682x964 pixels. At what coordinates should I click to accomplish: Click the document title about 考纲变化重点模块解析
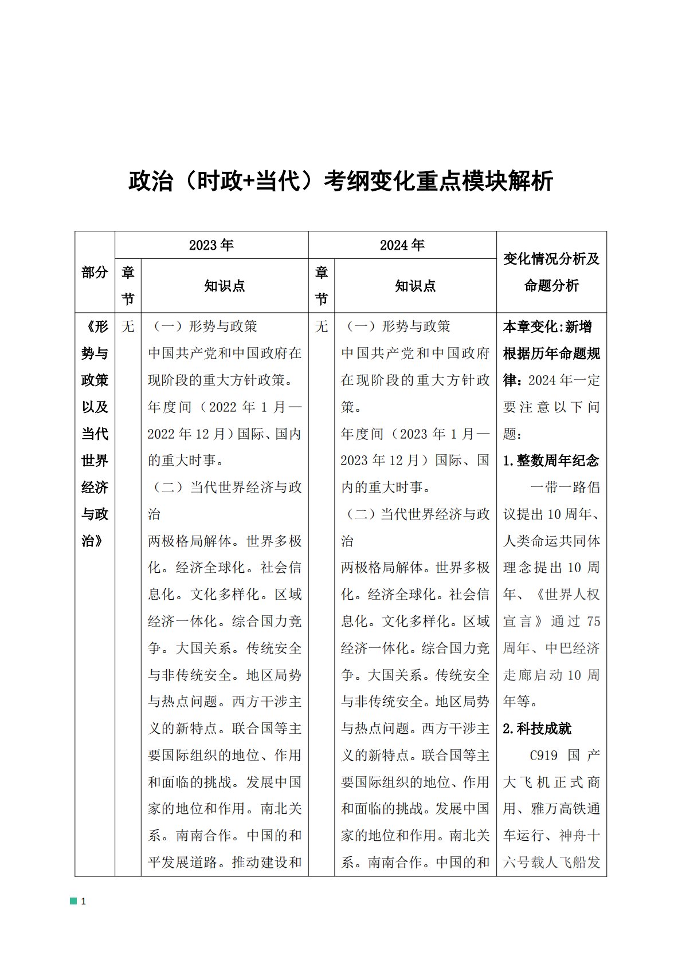(x=340, y=181)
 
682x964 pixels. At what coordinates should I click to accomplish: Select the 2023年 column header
(x=211, y=245)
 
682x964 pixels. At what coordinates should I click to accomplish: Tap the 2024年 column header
(x=402, y=245)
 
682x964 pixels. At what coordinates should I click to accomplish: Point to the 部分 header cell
(x=95, y=272)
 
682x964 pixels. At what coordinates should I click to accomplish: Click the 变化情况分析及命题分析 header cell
(x=551, y=272)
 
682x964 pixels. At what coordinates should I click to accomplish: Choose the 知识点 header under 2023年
(x=225, y=286)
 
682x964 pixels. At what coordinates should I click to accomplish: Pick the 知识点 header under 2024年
(x=415, y=286)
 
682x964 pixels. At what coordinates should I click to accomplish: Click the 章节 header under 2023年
(x=128, y=285)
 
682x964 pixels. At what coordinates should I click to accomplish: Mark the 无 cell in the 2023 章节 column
(x=128, y=326)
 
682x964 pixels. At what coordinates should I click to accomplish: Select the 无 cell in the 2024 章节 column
(x=322, y=326)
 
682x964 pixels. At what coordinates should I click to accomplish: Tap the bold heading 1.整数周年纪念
(x=551, y=461)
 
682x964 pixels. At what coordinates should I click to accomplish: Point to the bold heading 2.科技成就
(x=537, y=729)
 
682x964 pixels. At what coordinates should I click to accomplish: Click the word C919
(x=543, y=756)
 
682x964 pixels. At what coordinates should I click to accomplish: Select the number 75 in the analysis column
(x=593, y=621)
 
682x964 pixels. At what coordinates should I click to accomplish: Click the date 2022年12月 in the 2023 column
(x=187, y=434)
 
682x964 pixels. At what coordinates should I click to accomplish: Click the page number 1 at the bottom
(x=84, y=901)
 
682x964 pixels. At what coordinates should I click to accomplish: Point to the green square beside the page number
(x=73, y=901)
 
